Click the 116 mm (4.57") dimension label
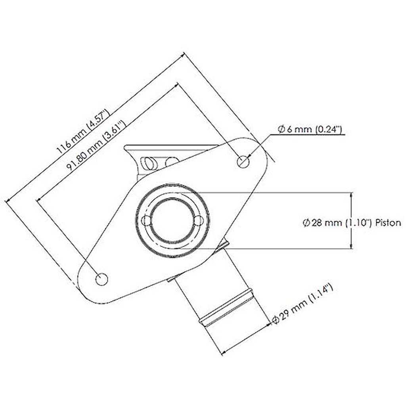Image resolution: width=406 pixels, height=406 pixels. click(83, 132)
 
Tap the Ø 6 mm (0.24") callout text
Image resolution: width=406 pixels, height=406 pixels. click(310, 129)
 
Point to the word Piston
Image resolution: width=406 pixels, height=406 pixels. click(388, 223)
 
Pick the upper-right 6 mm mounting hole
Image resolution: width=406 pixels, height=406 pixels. click(243, 162)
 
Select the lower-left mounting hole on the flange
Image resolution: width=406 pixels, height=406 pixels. click(102, 279)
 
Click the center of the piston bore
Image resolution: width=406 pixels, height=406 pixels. click(172, 221)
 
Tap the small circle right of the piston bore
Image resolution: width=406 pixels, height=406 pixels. click(199, 221)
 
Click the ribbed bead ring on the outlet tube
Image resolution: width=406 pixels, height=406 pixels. click(226, 308)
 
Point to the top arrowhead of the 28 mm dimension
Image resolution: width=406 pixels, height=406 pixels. click(351, 195)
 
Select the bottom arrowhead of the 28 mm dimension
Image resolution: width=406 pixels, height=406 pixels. click(351, 246)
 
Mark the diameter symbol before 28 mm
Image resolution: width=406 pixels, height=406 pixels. click(306, 223)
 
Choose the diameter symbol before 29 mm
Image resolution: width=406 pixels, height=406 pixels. click(275, 320)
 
